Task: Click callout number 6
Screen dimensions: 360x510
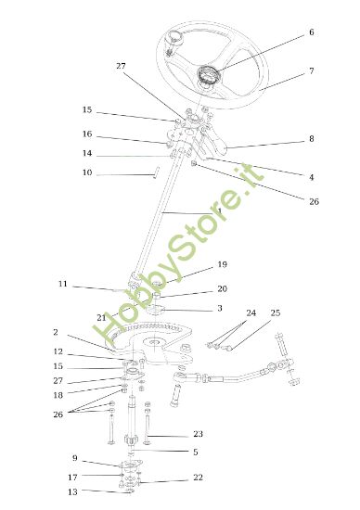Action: point(311,32)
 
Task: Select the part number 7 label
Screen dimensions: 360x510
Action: point(311,70)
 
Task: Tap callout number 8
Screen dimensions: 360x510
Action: point(311,139)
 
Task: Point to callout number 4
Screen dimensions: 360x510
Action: point(311,176)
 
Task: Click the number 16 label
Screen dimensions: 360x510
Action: point(87,134)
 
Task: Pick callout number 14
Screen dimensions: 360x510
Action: point(87,153)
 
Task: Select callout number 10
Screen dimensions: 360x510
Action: point(87,172)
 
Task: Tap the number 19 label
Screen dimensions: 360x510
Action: point(222,263)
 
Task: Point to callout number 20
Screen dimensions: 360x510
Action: point(222,288)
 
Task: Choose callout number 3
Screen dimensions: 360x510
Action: point(219,308)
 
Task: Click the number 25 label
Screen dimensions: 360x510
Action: point(275,312)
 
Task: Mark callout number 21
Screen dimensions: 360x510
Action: point(102,317)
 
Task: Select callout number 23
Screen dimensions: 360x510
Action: point(197,434)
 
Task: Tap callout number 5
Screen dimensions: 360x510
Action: point(195,452)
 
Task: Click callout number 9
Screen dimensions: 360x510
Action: point(74,458)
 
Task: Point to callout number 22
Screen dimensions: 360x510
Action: point(197,478)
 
